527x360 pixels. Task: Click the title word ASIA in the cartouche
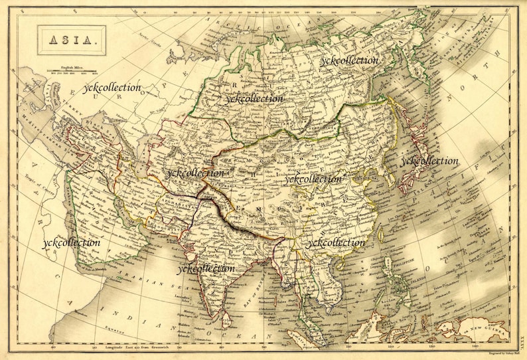[71, 41]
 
